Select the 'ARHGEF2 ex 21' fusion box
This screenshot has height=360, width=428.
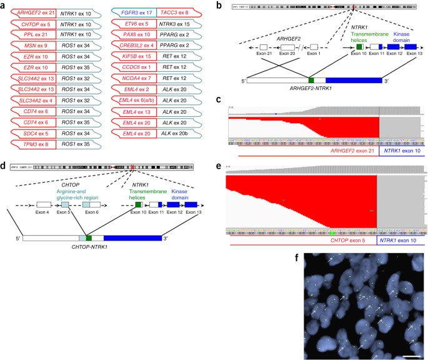[x=33, y=12]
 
